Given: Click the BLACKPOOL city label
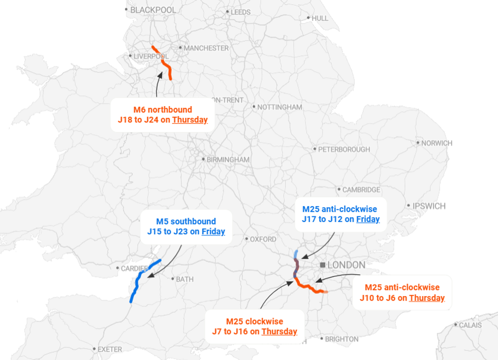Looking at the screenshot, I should [x=153, y=10].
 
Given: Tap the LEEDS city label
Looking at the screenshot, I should [x=240, y=12].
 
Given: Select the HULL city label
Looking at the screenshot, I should [x=320, y=18].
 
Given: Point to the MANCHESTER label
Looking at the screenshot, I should [x=206, y=48].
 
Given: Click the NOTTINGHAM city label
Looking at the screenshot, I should [x=279, y=107].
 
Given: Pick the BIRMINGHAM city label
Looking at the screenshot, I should [x=228, y=159].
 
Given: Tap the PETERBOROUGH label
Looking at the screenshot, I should [x=344, y=149].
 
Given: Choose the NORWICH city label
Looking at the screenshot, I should [x=437, y=143].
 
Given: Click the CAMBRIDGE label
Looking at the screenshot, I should [x=361, y=190].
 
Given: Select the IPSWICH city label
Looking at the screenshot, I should [x=429, y=206].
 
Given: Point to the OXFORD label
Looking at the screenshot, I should [x=263, y=239].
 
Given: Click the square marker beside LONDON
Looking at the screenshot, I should [x=323, y=265].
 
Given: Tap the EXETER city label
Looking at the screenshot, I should [x=110, y=349].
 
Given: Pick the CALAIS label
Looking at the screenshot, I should [x=470, y=325].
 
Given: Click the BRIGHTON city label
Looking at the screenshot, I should [x=341, y=339].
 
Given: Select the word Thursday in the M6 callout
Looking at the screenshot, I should [x=190, y=120].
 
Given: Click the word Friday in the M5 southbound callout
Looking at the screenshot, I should [x=213, y=232].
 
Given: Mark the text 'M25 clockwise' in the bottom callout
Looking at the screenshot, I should [x=255, y=321].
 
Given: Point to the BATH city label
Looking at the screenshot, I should [x=184, y=279].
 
